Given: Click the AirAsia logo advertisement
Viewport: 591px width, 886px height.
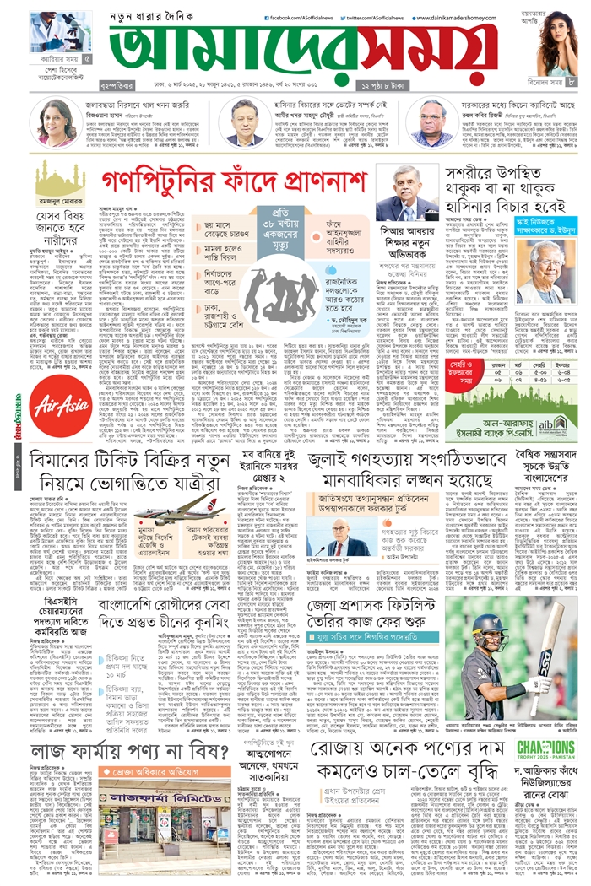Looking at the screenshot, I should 59,403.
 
